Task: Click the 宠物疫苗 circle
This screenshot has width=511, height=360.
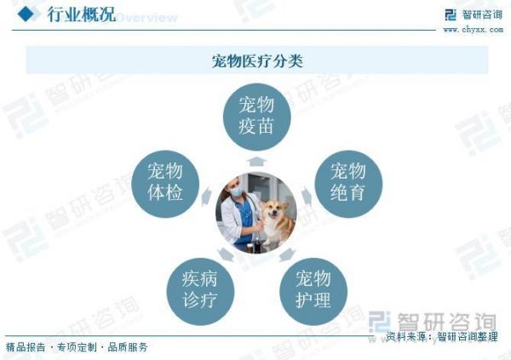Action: [257, 117]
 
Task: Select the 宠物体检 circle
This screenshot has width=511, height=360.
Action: [165, 184]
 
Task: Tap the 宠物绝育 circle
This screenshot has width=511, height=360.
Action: [348, 184]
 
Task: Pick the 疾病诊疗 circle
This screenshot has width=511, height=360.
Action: [200, 291]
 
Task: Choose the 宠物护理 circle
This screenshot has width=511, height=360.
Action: [313, 291]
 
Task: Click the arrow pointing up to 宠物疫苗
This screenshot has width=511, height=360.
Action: [256, 162]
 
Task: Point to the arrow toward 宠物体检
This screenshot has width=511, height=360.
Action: [206, 197]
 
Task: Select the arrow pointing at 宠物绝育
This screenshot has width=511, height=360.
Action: [307, 197]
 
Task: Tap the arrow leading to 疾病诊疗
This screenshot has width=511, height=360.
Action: [226, 254]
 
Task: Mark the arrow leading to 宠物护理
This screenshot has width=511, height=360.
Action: [288, 254]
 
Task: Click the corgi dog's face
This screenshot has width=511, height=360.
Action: [274, 213]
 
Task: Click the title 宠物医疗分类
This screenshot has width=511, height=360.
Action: [257, 60]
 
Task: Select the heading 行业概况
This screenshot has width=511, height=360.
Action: [82, 14]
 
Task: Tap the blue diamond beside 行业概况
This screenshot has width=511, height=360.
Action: [26, 14]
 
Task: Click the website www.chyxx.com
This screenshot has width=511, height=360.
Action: [474, 30]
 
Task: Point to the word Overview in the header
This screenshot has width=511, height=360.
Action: [147, 17]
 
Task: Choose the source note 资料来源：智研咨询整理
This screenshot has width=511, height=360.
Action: [442, 336]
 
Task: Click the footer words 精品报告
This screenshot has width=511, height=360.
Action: [26, 347]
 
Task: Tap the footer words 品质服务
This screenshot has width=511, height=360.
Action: [128, 347]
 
